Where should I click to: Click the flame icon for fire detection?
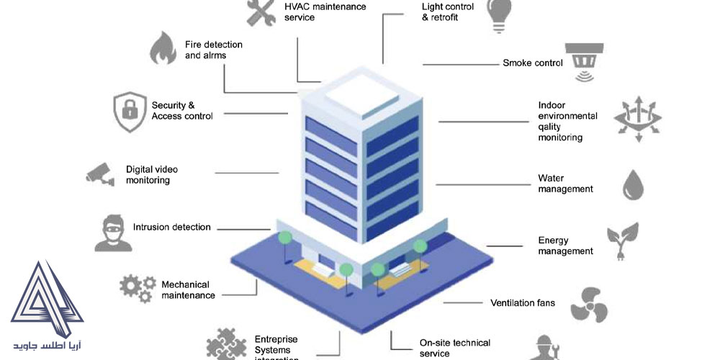[163, 49]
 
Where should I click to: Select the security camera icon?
[100, 174]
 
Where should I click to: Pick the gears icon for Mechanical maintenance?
[137, 287]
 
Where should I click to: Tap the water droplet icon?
[634, 184]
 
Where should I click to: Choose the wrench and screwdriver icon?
[261, 12]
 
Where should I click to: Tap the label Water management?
[565, 184]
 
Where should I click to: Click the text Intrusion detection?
[172, 228]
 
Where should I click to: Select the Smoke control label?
[532, 63]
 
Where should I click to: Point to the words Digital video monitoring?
[151, 175]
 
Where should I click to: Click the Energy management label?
[565, 246]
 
